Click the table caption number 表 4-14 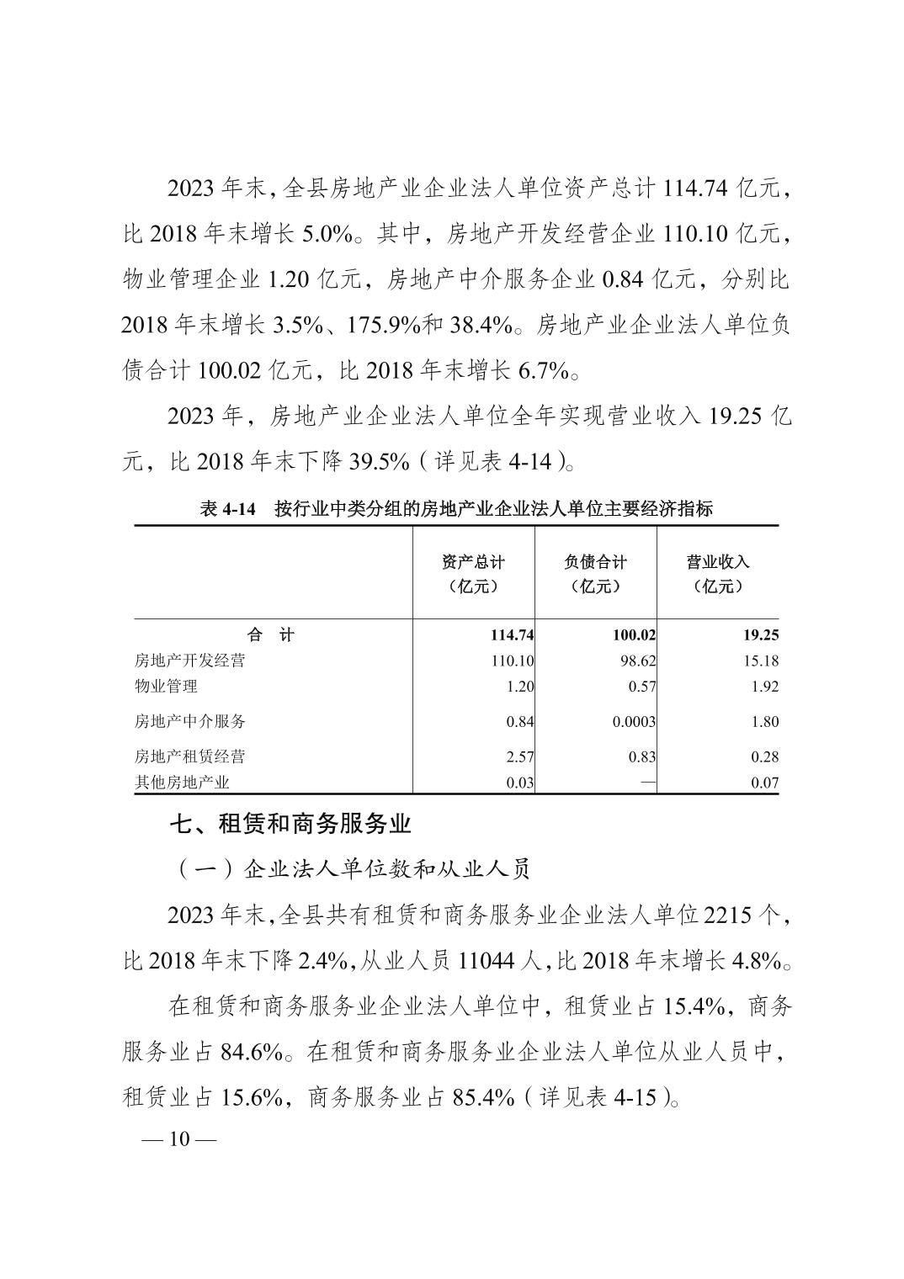tap(226, 508)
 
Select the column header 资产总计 tap(473, 562)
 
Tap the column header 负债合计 tap(595, 562)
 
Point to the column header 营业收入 tap(717, 562)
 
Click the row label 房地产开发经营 tap(189, 661)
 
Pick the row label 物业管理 tap(166, 686)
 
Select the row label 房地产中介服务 tap(189, 721)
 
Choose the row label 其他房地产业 tap(182, 783)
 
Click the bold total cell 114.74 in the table tap(507, 635)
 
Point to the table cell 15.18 tap(761, 661)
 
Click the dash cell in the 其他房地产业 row tap(647, 783)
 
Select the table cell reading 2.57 tap(519, 756)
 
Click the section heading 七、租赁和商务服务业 tap(290, 824)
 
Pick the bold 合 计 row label tap(271, 635)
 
